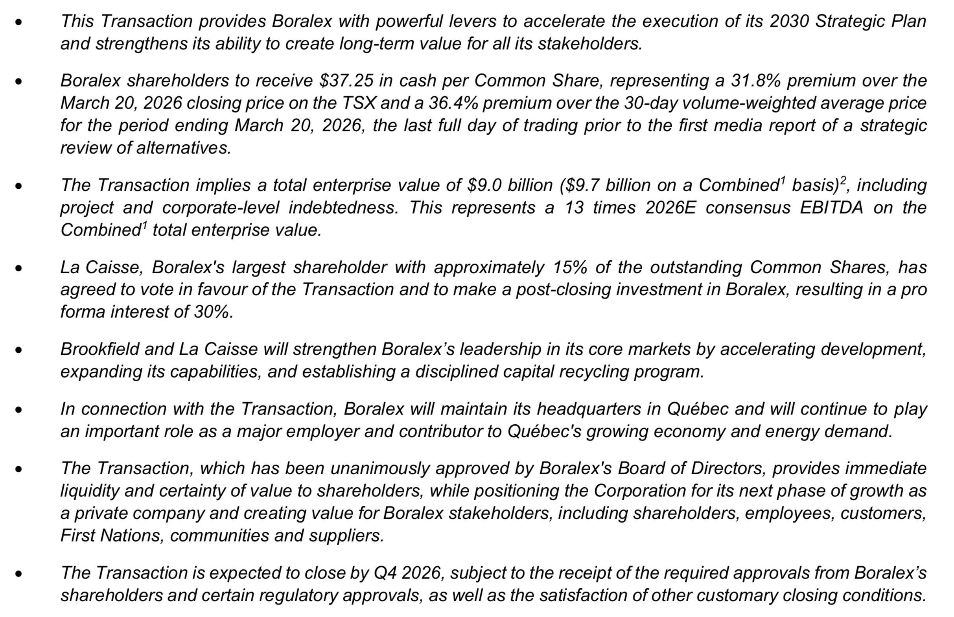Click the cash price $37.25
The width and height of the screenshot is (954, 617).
point(346,81)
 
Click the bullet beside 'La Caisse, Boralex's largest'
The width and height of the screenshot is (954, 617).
point(18,268)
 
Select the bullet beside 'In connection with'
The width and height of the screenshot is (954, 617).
point(18,409)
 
